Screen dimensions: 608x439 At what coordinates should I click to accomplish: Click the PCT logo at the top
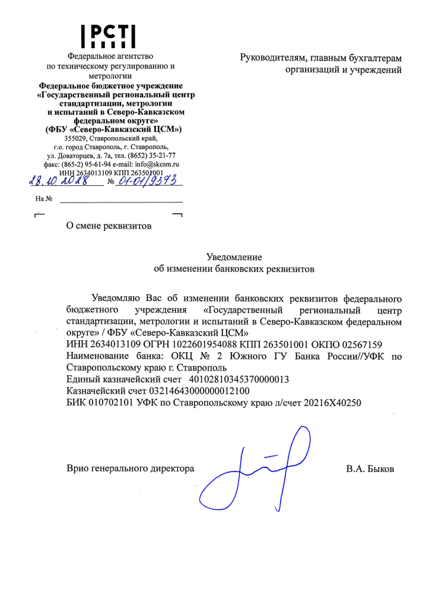(109, 36)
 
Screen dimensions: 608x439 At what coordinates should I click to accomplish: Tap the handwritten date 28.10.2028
(59, 179)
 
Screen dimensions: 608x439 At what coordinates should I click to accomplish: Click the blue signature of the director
(255, 469)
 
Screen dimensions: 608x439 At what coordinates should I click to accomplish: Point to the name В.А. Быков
(370, 469)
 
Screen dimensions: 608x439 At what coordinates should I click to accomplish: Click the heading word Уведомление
(234, 257)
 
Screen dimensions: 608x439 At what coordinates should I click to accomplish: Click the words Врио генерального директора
(131, 469)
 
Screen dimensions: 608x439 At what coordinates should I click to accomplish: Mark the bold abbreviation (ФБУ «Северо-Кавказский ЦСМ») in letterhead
(113, 129)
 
